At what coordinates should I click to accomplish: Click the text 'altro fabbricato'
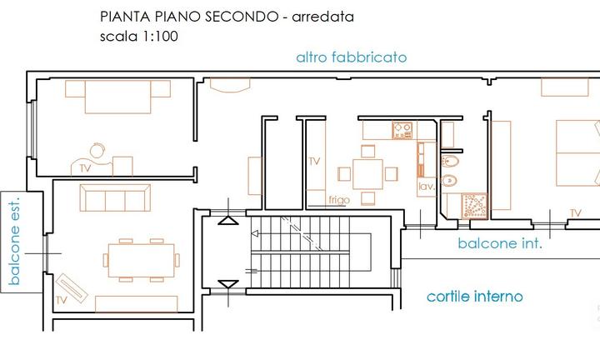point(351,57)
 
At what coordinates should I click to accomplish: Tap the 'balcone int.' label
point(500,244)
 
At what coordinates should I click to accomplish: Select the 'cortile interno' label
point(474,296)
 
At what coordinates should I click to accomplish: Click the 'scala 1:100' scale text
point(137,37)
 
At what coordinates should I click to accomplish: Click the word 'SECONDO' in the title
point(241,17)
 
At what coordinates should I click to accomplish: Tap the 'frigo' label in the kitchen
point(338,200)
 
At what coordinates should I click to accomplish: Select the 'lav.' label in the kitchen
point(427,187)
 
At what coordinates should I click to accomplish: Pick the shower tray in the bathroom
point(473,206)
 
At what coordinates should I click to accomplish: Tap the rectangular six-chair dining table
point(142,259)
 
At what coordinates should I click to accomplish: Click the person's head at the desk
point(97,151)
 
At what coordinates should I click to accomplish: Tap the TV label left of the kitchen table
point(314,161)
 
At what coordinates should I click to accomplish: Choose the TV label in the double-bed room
point(575,214)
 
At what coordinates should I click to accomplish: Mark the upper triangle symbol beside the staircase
point(227,221)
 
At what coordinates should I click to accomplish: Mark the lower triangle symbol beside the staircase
point(227,286)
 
